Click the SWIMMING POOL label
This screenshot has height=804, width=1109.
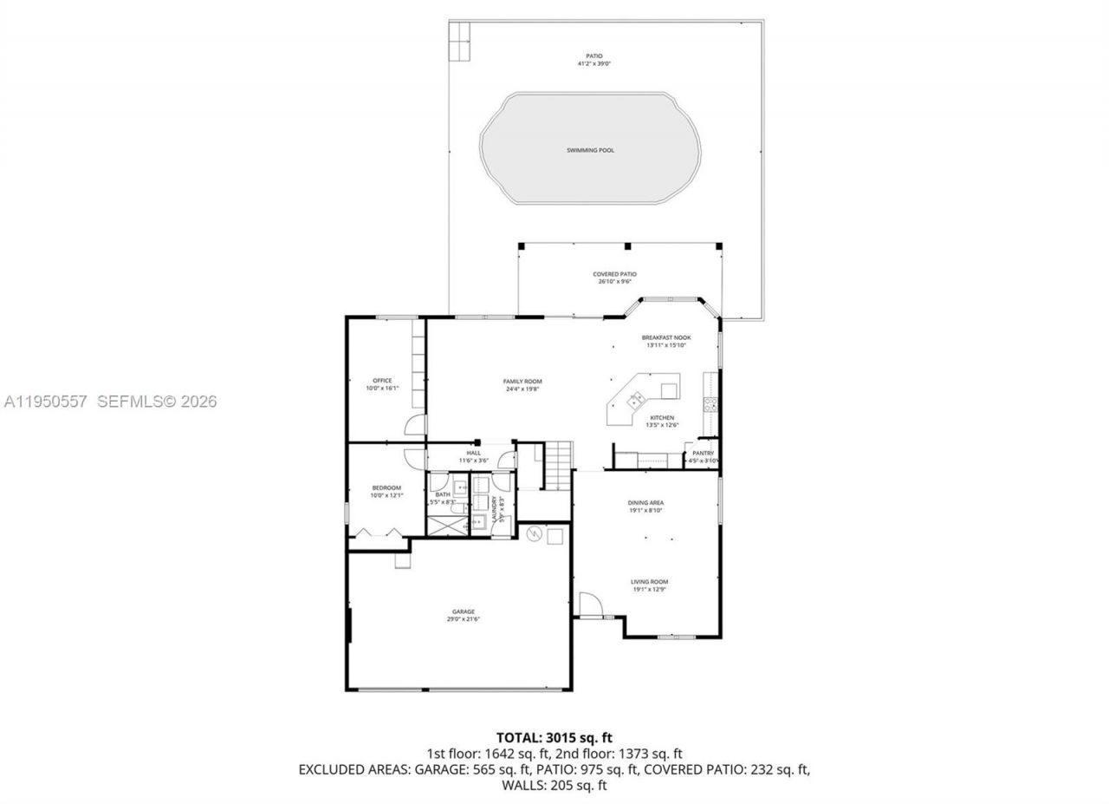tap(590, 150)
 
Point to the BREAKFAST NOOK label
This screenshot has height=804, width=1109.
tap(665, 337)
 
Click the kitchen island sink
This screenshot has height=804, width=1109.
tap(637, 400)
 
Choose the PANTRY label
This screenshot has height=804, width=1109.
tap(703, 453)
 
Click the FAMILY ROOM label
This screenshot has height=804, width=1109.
tap(522, 381)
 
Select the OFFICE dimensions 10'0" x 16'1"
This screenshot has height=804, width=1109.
tap(382, 389)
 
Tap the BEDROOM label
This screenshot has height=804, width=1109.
tap(386, 487)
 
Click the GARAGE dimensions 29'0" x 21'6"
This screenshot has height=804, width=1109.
tap(463, 619)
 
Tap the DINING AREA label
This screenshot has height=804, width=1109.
tap(645, 502)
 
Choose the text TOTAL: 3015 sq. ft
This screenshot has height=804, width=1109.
tap(554, 738)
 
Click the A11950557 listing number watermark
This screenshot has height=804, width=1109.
tap(45, 402)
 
